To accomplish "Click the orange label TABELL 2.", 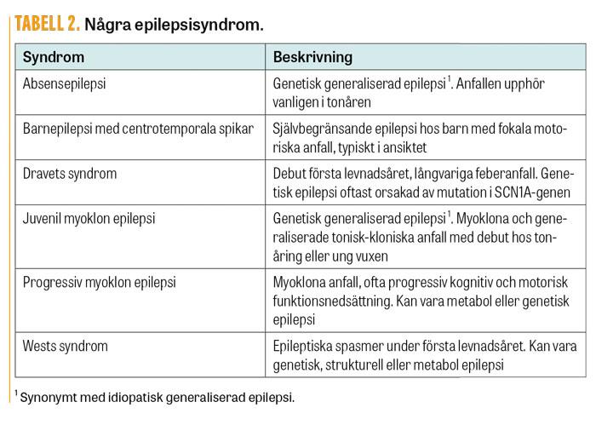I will click(47, 25).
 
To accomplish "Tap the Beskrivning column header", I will click(312, 57).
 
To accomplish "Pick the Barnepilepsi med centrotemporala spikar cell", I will click(137, 129).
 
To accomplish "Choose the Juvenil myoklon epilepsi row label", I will click(89, 217).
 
